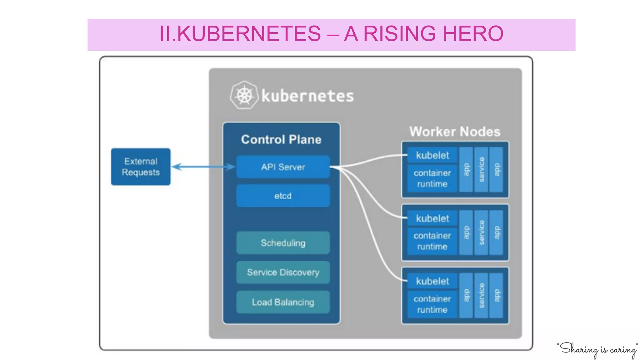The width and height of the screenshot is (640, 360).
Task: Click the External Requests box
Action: [141, 167]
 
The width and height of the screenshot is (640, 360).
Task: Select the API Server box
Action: [283, 167]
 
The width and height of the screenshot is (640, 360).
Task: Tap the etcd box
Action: [283, 196]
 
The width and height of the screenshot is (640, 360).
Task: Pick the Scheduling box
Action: [283, 243]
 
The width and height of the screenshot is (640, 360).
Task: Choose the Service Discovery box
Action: [283, 272]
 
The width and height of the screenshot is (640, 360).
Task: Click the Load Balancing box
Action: [283, 302]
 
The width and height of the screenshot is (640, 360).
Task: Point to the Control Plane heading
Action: [281, 139]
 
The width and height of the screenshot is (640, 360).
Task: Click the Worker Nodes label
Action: [455, 132]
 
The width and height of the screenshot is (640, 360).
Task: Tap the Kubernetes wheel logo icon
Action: [244, 95]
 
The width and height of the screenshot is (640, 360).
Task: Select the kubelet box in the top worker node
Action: [432, 155]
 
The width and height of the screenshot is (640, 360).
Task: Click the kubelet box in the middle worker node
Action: [432, 218]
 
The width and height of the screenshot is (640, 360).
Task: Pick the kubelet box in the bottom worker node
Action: [432, 281]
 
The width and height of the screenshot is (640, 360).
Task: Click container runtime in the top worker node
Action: [432, 178]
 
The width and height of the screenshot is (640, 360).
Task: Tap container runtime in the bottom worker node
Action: [432, 304]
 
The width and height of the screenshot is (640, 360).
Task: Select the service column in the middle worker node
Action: [481, 232]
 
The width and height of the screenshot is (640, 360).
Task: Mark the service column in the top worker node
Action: [481, 169]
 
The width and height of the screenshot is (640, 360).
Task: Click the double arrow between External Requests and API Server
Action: [203, 167]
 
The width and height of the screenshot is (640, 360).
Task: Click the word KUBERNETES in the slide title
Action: [249, 33]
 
